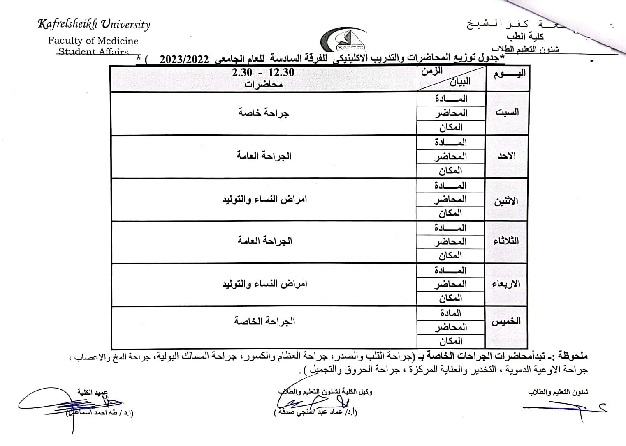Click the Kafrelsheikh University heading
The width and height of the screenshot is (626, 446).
(94, 25)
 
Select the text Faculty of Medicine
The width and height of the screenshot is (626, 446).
(93, 41)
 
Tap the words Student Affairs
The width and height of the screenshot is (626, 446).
(93, 52)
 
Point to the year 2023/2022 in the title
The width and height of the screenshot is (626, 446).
(184, 59)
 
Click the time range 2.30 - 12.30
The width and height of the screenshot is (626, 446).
(263, 72)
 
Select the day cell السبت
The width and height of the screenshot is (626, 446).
(507, 113)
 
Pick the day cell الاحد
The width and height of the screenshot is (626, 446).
(507, 156)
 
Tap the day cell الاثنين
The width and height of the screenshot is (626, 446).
(506, 202)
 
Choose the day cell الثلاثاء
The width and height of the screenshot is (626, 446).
(506, 241)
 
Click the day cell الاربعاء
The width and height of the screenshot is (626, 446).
(506, 284)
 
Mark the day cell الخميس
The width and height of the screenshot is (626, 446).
(506, 322)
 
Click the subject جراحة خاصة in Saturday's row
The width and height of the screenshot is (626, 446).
(263, 113)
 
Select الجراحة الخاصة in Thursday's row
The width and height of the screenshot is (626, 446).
(264, 321)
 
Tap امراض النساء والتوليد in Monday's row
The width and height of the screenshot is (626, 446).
(264, 200)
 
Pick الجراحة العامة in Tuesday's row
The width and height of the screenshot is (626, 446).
(264, 241)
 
